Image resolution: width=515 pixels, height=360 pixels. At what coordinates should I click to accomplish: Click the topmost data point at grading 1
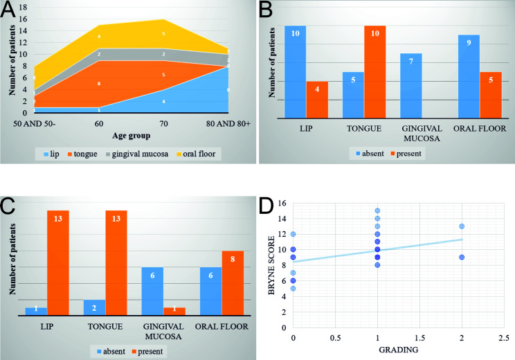point(377,210)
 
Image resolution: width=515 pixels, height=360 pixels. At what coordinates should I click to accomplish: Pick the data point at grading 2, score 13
point(461,226)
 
